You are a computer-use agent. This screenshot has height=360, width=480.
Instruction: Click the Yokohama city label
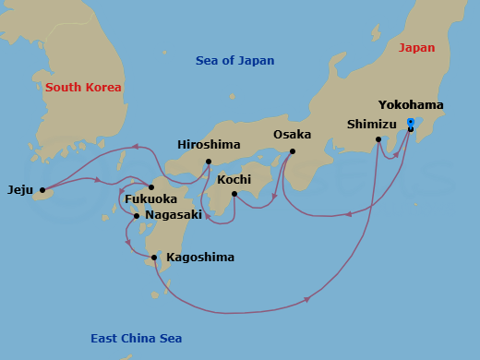[411, 105]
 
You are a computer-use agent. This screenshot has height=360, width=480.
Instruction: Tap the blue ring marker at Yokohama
[410, 121]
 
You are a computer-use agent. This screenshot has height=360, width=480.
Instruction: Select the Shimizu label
[372, 124]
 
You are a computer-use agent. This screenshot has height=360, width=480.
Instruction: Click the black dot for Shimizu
[378, 139]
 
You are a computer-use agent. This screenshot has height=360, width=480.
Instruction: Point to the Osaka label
[292, 135]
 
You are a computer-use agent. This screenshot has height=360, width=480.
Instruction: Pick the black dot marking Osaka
[292, 151]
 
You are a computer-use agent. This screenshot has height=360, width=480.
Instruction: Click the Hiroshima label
[209, 145]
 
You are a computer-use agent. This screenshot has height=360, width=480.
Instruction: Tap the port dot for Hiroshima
[209, 162]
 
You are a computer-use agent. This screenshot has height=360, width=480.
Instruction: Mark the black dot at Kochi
[234, 194]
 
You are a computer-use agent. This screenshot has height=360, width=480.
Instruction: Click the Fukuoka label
[150, 198]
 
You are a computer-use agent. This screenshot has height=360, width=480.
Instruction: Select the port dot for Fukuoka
[151, 186]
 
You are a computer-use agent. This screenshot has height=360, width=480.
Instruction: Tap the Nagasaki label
[174, 216]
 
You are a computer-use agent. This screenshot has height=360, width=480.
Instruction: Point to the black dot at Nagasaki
[137, 216]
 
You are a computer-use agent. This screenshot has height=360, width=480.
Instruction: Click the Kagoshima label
[199, 258]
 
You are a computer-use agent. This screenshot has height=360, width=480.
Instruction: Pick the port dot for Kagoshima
[154, 258]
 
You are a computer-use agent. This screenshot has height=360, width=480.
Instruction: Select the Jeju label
[20, 190]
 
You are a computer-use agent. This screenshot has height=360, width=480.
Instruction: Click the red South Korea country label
[83, 88]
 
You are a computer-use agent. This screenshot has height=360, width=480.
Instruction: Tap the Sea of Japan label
[234, 61]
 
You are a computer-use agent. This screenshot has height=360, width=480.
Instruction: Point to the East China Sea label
[136, 339]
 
